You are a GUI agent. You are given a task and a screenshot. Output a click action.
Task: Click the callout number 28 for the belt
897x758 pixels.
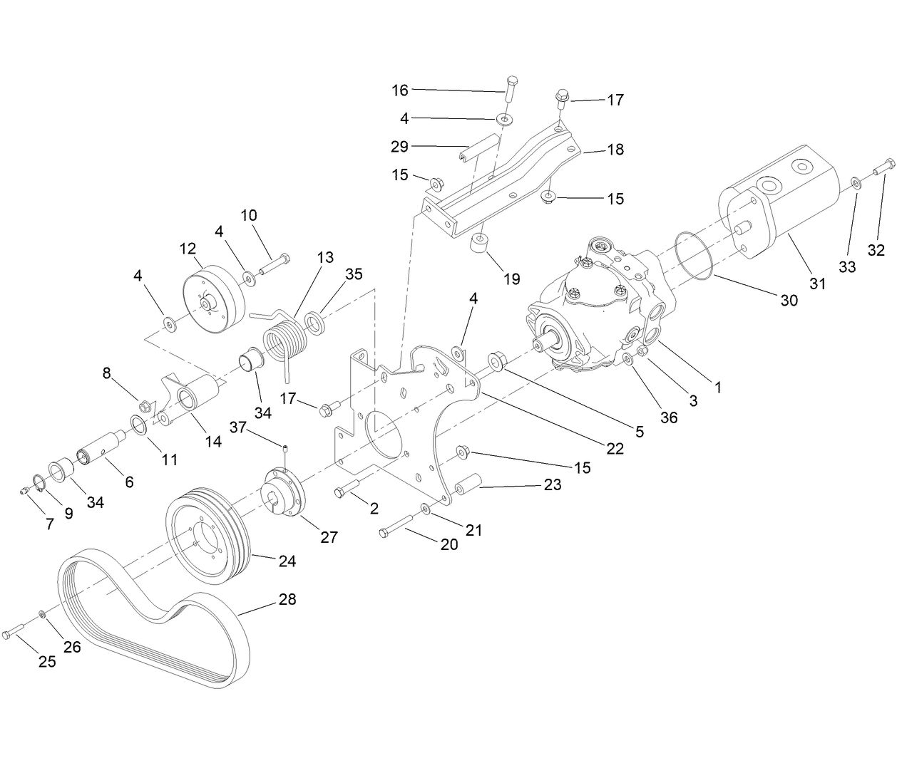click(287, 599)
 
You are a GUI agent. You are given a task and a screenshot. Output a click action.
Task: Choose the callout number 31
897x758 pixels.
click(817, 283)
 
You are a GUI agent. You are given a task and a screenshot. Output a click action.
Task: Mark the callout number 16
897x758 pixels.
click(400, 90)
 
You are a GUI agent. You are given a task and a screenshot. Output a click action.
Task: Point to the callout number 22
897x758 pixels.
click(613, 449)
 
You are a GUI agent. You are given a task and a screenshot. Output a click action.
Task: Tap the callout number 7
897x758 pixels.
click(49, 524)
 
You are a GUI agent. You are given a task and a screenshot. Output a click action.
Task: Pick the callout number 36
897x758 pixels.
click(668, 417)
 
